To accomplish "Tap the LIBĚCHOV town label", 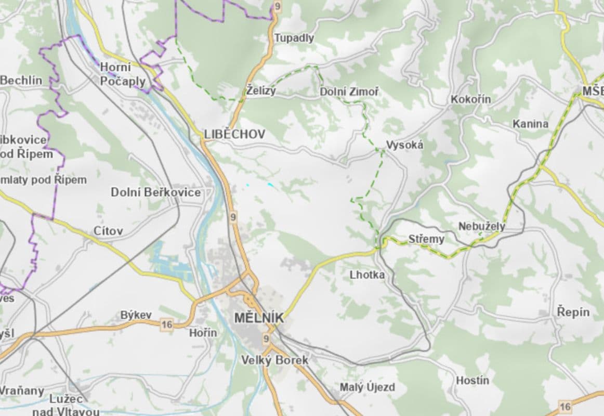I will click(x=234, y=134).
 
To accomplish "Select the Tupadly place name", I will click(x=294, y=38).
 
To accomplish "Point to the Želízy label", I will click(x=261, y=92).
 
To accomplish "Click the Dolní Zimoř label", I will click(x=349, y=92).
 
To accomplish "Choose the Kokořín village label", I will click(x=471, y=99).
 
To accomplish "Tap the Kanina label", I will click(x=530, y=124).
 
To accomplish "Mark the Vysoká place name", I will click(x=404, y=145).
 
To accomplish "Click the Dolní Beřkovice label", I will click(x=155, y=192).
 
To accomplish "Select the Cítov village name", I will click(x=108, y=230).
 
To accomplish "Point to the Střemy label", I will click(x=426, y=239).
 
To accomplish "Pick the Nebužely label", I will click(x=481, y=227).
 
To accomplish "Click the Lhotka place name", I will click(x=367, y=275).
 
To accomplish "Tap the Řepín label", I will click(x=573, y=312).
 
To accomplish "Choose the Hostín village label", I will click(x=472, y=381).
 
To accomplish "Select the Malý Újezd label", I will click(x=367, y=387).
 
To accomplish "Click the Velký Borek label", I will click(x=275, y=360).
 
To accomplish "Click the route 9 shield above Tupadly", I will click(x=277, y=6).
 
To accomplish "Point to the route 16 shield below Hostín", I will click(x=565, y=406).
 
